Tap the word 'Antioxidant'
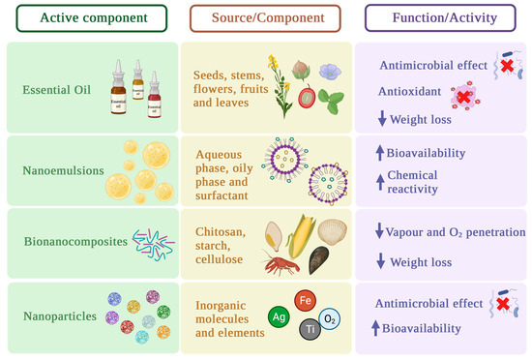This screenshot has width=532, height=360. point(412,94)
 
